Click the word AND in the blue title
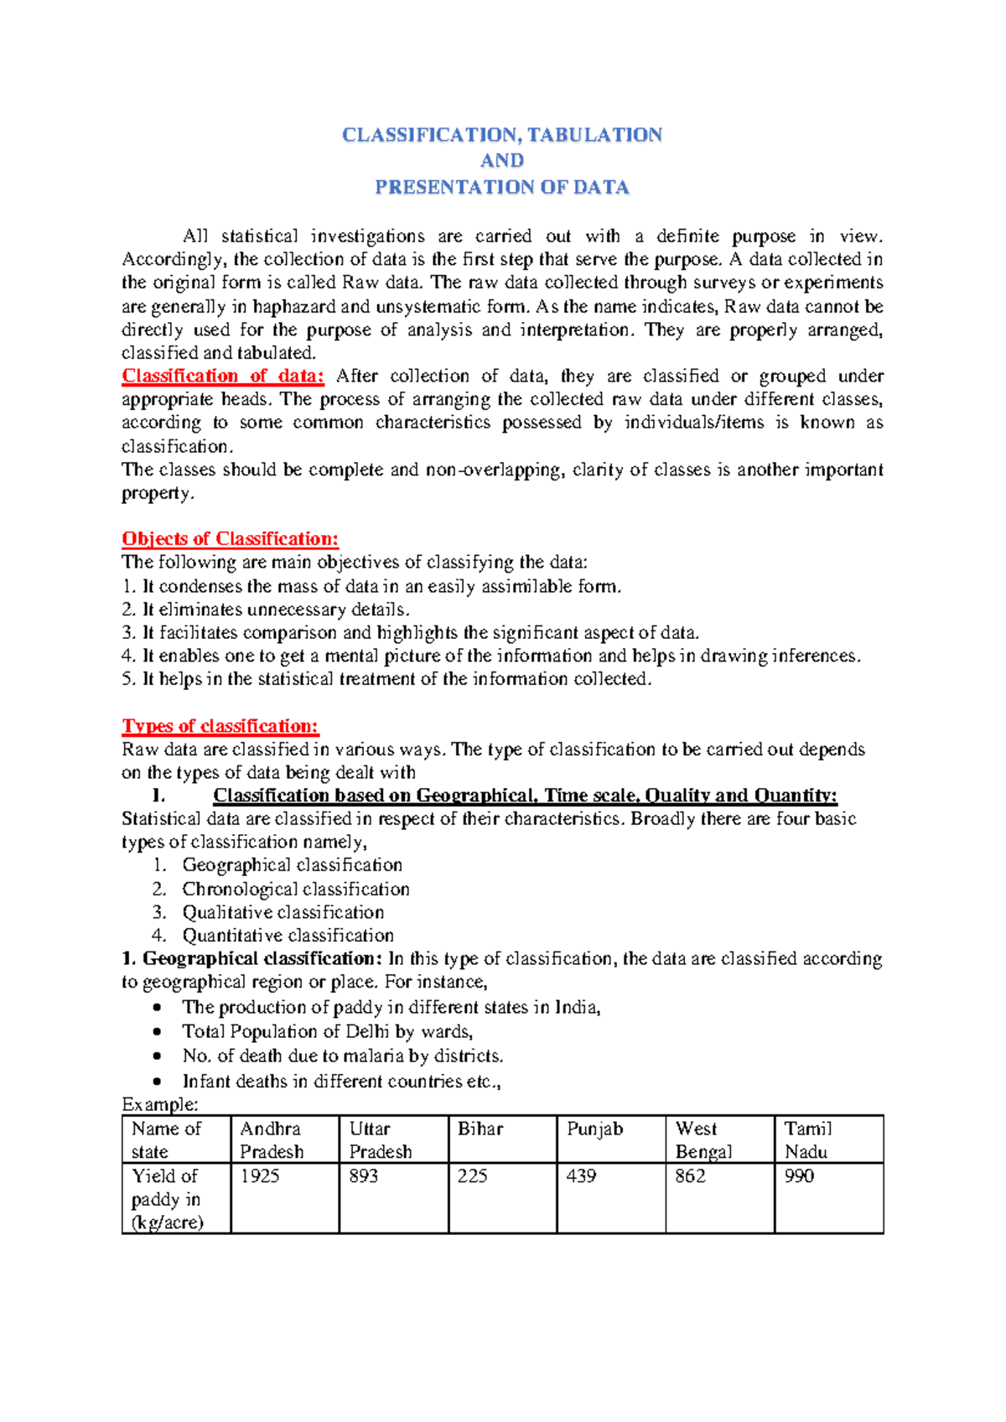tap(502, 160)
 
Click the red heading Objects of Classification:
tap(230, 538)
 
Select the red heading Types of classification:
tap(220, 726)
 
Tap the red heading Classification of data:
tap(222, 376)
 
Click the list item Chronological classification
tap(296, 889)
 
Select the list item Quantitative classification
tap(288, 935)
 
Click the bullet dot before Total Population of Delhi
tap(157, 1032)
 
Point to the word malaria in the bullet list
tap(373, 1056)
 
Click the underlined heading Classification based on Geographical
tap(525, 796)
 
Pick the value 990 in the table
tap(799, 1176)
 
